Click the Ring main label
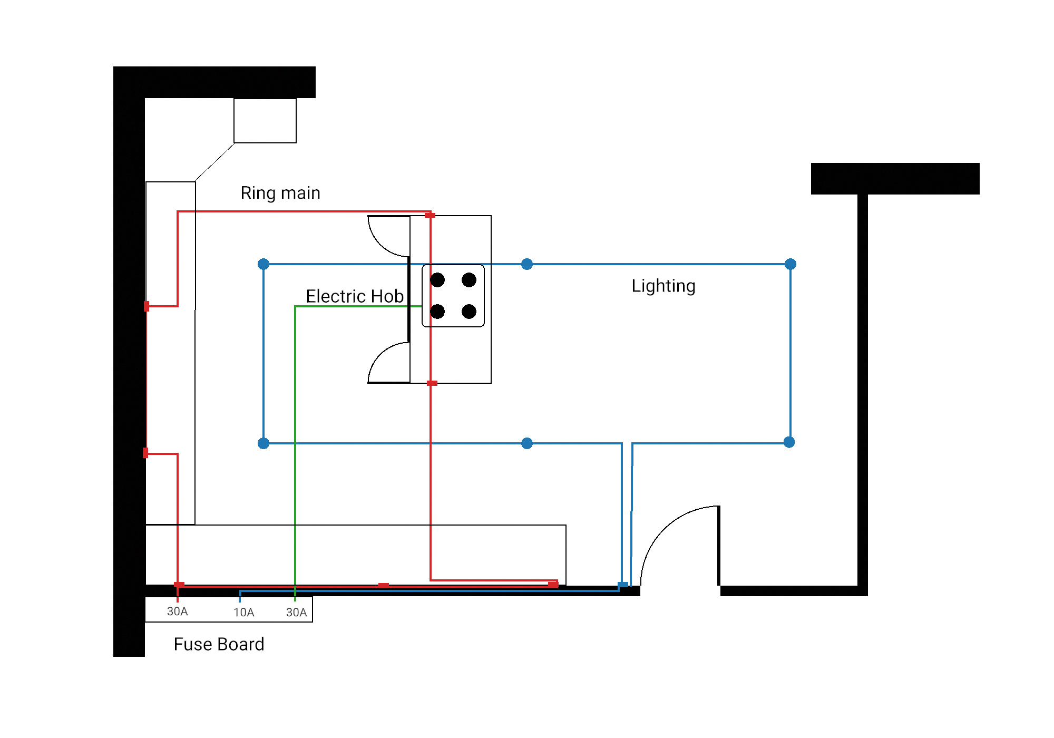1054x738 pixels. coord(280,193)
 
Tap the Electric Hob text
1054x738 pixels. coord(355,296)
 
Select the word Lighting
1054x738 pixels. coord(663,286)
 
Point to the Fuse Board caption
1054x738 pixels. coord(219,644)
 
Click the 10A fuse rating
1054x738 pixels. coord(244,613)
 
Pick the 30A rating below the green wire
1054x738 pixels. coord(296,613)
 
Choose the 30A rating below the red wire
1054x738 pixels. coord(177,611)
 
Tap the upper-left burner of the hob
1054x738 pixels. coord(437,280)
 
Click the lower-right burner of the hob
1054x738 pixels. coord(469,312)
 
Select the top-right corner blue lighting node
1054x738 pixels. coord(790,264)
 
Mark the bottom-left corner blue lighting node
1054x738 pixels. coord(263,443)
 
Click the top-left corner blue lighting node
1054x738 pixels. coord(263,264)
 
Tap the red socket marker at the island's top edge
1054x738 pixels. coord(430,216)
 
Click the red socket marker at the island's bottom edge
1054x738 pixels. coord(432,383)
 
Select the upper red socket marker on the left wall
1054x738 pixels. coord(147,306)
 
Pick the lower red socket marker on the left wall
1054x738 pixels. coord(145,453)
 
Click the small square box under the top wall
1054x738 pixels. coord(265,121)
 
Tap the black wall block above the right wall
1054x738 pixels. coord(895,179)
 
